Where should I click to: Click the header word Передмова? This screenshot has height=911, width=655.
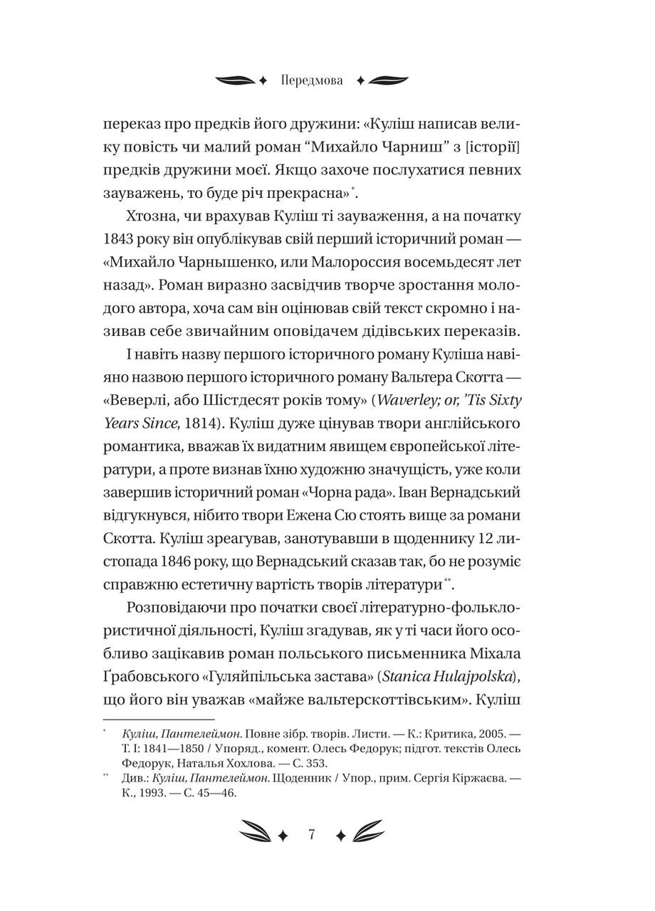(x=311, y=80)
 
